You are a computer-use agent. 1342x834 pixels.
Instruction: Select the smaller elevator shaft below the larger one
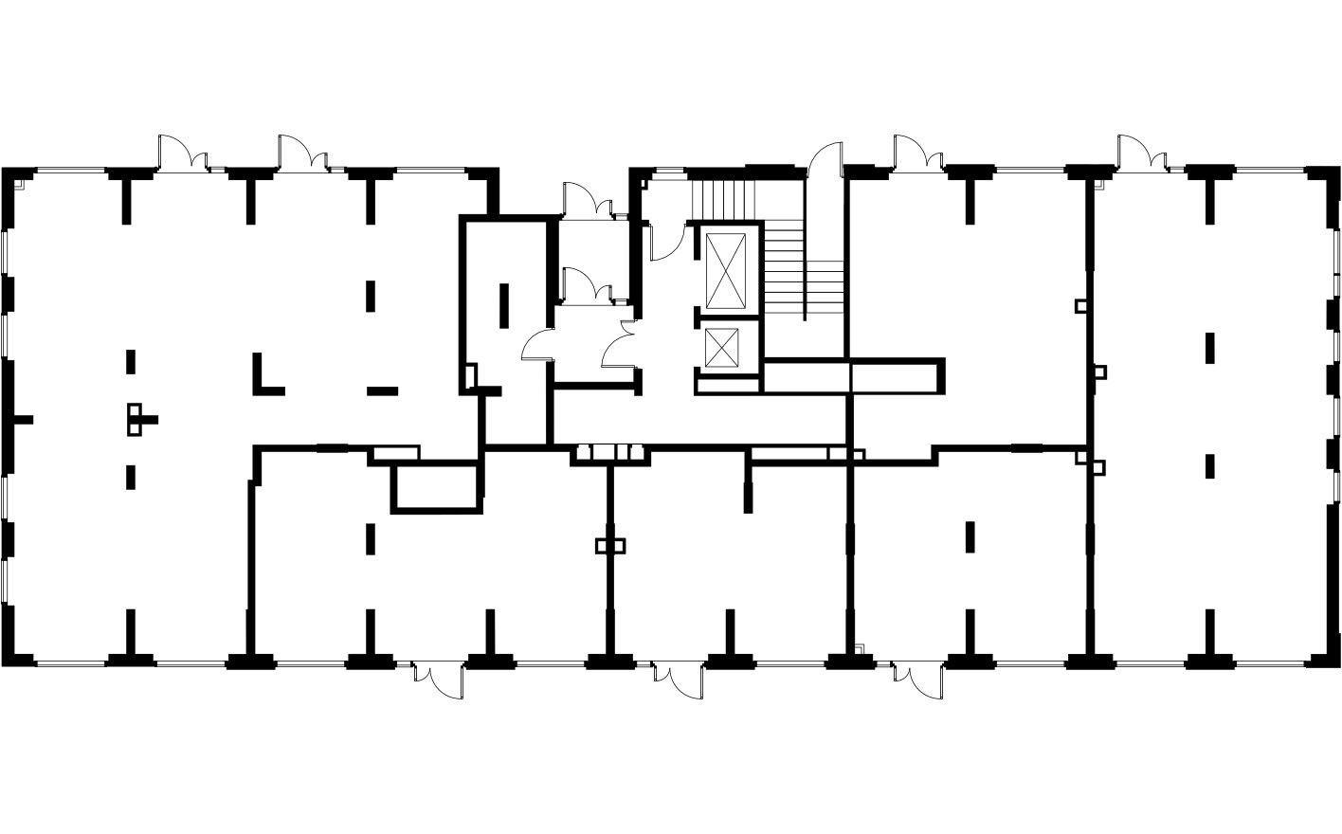[x=726, y=347]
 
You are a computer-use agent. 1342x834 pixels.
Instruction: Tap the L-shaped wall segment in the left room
[x=264, y=375]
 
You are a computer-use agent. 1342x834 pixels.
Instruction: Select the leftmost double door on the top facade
[x=183, y=154]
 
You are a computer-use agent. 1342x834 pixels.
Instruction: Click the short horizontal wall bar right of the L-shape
[x=383, y=390]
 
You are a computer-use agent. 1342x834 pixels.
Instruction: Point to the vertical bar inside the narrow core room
[x=504, y=303]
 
